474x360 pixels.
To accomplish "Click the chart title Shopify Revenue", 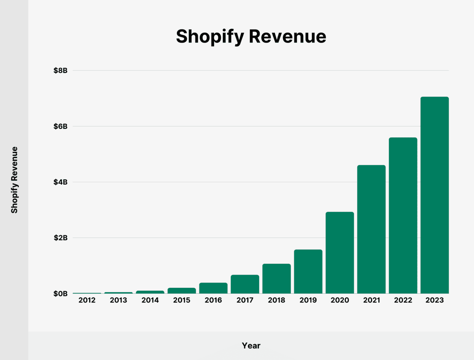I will tap(251, 36).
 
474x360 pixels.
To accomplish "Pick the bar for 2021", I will tap(371, 229).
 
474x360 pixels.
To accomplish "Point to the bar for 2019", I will tap(308, 272).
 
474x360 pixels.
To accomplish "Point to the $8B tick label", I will tap(60, 70).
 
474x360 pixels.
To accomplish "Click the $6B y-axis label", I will tap(60, 126).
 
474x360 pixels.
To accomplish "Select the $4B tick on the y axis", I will tap(60, 182).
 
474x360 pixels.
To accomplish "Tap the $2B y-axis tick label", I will tap(60, 238).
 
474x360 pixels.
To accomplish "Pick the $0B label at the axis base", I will tap(60, 294).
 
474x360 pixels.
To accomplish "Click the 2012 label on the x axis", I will tap(87, 300).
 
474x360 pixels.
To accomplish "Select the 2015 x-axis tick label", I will tap(182, 300).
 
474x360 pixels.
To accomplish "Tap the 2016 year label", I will tap(213, 300).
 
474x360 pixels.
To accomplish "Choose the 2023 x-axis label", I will tap(434, 300).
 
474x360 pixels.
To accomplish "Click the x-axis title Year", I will tap(251, 346).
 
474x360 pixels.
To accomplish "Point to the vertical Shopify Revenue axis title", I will tap(14, 180).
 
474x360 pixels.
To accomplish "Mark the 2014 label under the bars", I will tap(150, 300).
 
